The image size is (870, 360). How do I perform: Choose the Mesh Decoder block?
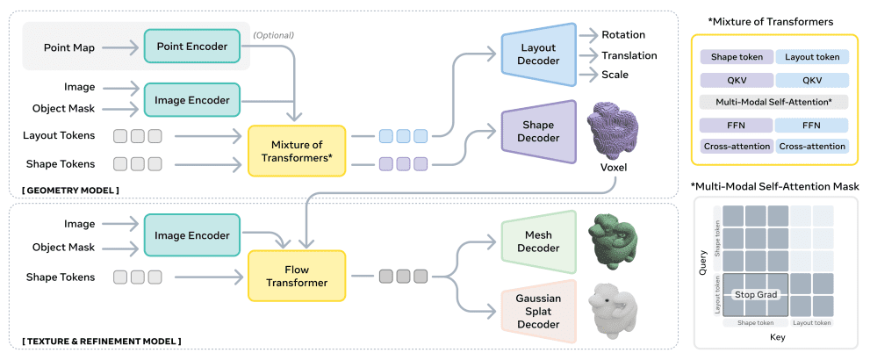(537, 241)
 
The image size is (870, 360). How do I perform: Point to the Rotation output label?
(623, 35)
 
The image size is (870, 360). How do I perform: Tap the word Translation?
(630, 54)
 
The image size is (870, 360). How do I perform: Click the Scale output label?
(615, 75)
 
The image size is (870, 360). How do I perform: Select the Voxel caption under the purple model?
(613, 167)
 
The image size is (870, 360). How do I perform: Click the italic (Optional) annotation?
(273, 35)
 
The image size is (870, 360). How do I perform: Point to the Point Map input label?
(69, 45)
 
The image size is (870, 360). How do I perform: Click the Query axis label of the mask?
(703, 263)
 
